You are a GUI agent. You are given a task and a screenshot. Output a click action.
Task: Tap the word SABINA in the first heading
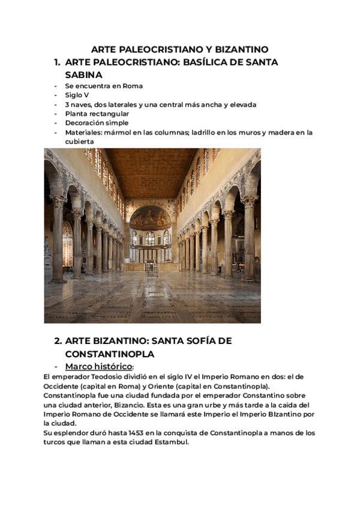[x=83, y=75]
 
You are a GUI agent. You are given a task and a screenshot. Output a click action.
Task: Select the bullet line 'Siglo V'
[x=77, y=95]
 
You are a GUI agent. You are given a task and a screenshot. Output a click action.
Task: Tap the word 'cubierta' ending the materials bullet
[x=79, y=141]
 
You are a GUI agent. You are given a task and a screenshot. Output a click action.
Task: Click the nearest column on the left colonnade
[x=58, y=240]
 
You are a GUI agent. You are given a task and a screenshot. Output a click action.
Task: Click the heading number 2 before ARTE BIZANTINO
[x=58, y=341]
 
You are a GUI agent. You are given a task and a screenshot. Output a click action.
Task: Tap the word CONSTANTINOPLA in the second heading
[x=110, y=354]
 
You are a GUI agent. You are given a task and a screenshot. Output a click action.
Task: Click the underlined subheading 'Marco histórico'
[x=98, y=366]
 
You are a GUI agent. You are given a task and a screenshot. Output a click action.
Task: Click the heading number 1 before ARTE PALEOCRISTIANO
[x=57, y=62]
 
